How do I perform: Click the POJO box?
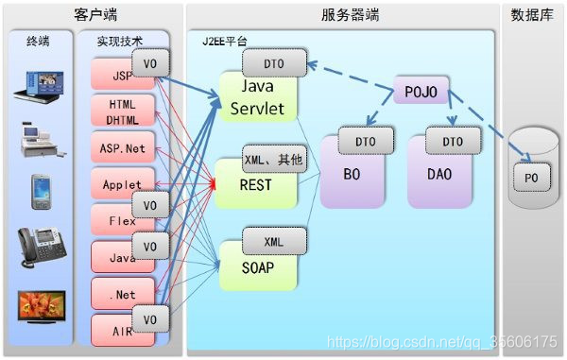coord(421,91)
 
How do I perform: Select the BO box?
coord(352,174)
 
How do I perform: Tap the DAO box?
coord(439,174)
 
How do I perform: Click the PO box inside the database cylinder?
coord(532,178)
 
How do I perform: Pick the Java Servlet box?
coord(258,97)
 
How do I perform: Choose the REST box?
coord(256,183)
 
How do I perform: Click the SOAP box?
coord(258,266)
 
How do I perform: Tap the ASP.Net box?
coord(123,147)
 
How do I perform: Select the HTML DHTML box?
coord(123,111)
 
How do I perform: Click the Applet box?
coord(123,183)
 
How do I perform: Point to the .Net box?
coord(123,294)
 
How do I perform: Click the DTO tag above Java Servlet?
coord(274,63)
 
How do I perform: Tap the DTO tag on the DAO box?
coord(453,141)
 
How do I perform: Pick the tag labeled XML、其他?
coord(274,159)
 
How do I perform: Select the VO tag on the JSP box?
coord(150,63)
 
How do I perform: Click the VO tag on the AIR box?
coord(150,318)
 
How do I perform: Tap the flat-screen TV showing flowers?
coord(42,306)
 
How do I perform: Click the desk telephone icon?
coord(42,248)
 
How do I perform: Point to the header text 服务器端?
coord(350,15)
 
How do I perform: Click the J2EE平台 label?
coord(225,41)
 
